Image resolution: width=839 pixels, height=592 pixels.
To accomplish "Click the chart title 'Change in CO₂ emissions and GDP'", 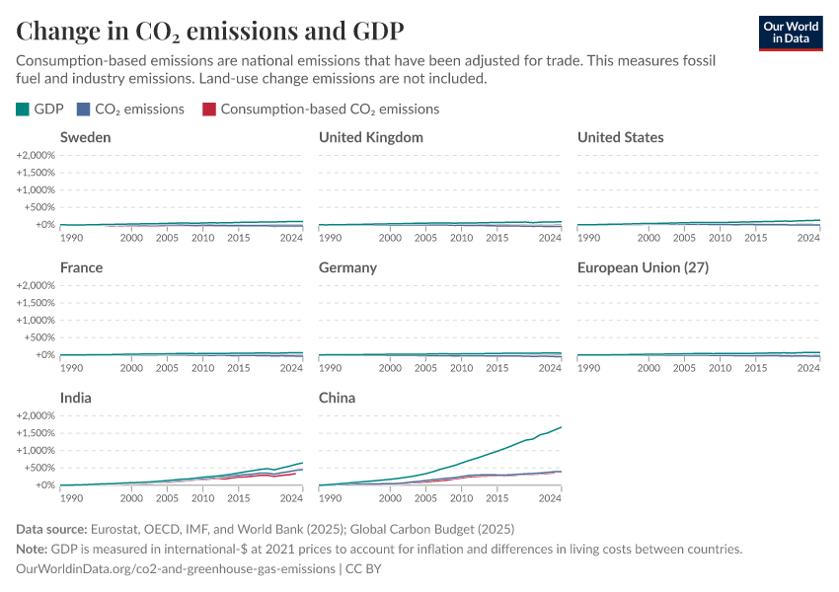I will tap(209, 30).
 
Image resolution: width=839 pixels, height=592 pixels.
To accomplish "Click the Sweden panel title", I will tap(85, 137).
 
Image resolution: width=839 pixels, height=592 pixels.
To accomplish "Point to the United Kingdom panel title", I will tap(370, 137).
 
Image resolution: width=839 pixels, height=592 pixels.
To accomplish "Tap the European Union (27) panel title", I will tap(643, 267).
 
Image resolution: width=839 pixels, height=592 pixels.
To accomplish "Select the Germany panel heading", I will tap(347, 267).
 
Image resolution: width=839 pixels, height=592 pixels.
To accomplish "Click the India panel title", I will tap(77, 398).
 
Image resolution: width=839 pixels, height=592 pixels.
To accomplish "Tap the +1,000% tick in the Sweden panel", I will tap(37, 189).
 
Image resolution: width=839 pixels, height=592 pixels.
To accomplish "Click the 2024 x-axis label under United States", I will tap(808, 238).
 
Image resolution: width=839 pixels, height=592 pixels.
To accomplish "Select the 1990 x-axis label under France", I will tap(72, 368).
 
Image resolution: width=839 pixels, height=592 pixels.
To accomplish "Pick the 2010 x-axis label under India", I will tap(202, 498).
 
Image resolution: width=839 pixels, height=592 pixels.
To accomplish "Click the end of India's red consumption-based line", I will tap(295, 473).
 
